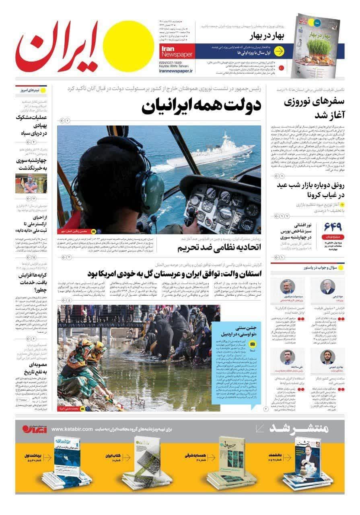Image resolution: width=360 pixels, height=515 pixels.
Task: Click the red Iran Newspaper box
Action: pyautogui.click(x=177, y=50)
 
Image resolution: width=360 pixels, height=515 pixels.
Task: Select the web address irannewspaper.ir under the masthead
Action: pyautogui.click(x=176, y=70)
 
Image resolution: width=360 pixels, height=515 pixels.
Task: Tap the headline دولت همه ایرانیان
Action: pyautogui.click(x=202, y=106)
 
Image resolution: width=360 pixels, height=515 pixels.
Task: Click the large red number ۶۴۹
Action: pyautogui.click(x=331, y=228)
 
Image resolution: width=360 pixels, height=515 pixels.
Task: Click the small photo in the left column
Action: pyautogui.click(x=31, y=183)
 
